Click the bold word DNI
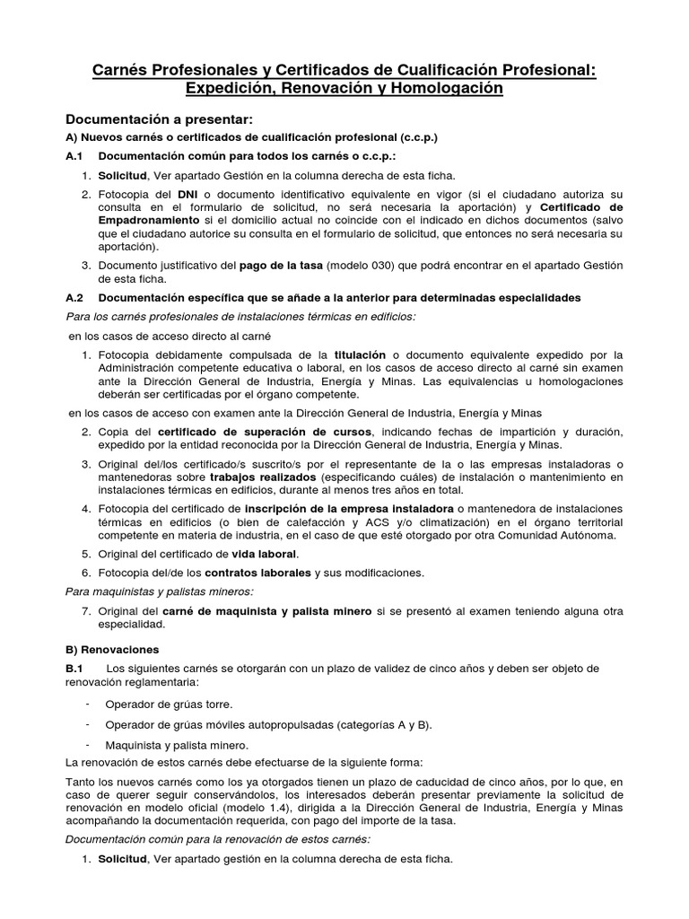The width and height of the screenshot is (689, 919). point(188,194)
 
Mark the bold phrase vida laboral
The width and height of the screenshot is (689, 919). point(263,554)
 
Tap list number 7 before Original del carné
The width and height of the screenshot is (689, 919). point(86,611)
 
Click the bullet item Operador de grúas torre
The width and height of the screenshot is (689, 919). point(169,704)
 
